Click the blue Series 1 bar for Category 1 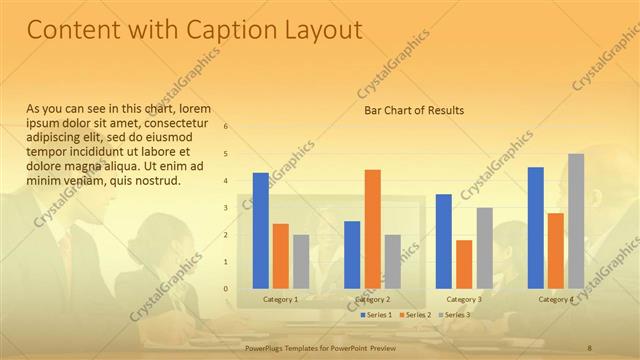point(260,230)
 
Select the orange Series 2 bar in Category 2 point(372,228)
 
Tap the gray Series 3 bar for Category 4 point(575,220)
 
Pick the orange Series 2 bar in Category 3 point(464,263)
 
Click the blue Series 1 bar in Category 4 point(536,227)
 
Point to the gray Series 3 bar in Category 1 point(300,261)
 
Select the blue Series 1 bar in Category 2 point(352,254)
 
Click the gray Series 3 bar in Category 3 point(484,247)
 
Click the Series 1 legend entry point(376,315)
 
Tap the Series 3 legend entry point(455,315)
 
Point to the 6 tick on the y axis point(226,126)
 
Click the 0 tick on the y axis point(226,288)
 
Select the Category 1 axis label point(280,299)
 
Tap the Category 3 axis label point(464,299)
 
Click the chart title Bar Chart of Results point(413,109)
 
